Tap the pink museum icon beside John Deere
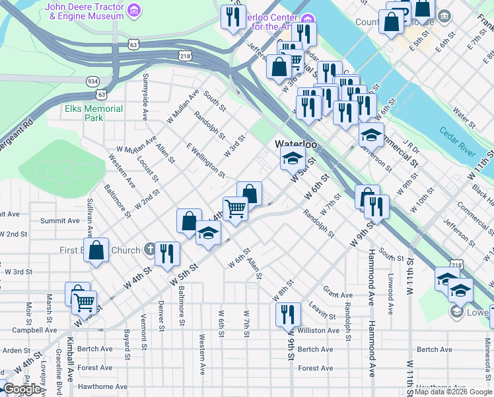coord(135,10)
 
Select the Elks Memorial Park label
coord(94,113)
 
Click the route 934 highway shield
coord(92,81)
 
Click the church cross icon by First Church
coord(150,250)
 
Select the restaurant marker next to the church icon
coord(167,253)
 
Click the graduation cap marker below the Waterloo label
coord(293,158)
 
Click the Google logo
coord(21,389)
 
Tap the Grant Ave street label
coord(336,291)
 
